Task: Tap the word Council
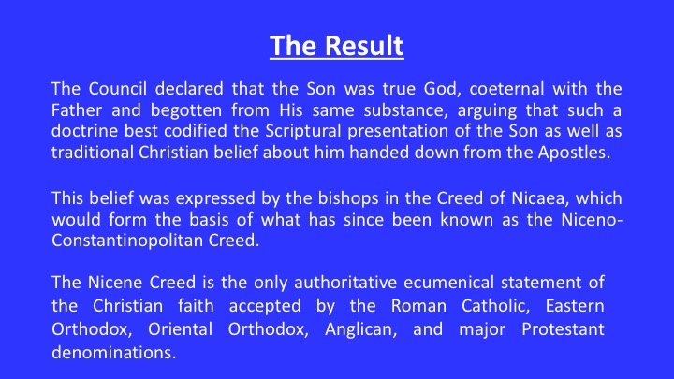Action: [x=118, y=89]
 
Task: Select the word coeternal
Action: [x=506, y=89]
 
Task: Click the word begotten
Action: [x=186, y=110]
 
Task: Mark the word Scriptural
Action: [x=303, y=131]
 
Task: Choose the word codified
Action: [x=196, y=131]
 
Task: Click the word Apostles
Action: [x=574, y=153]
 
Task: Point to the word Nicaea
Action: [x=539, y=198]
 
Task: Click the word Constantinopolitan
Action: [x=127, y=241]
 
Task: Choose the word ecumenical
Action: [x=448, y=283]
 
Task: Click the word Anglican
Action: [x=360, y=329]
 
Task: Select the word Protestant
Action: [x=564, y=329]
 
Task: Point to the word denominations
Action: [x=114, y=353]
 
